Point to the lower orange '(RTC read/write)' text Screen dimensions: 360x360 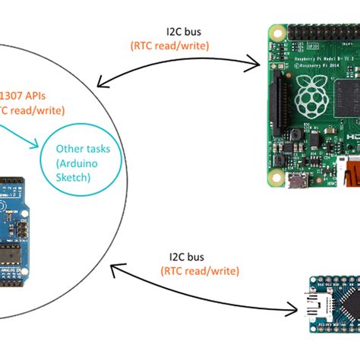click(x=199, y=270)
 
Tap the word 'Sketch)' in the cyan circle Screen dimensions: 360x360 click(x=74, y=176)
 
